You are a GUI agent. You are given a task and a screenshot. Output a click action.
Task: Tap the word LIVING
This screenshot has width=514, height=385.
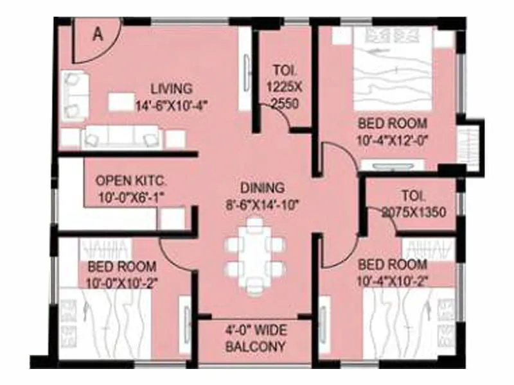(x=171, y=89)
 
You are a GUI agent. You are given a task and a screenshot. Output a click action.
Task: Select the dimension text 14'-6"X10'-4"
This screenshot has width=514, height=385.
(x=171, y=103)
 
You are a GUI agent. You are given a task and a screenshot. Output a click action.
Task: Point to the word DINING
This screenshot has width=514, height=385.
(x=262, y=188)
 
